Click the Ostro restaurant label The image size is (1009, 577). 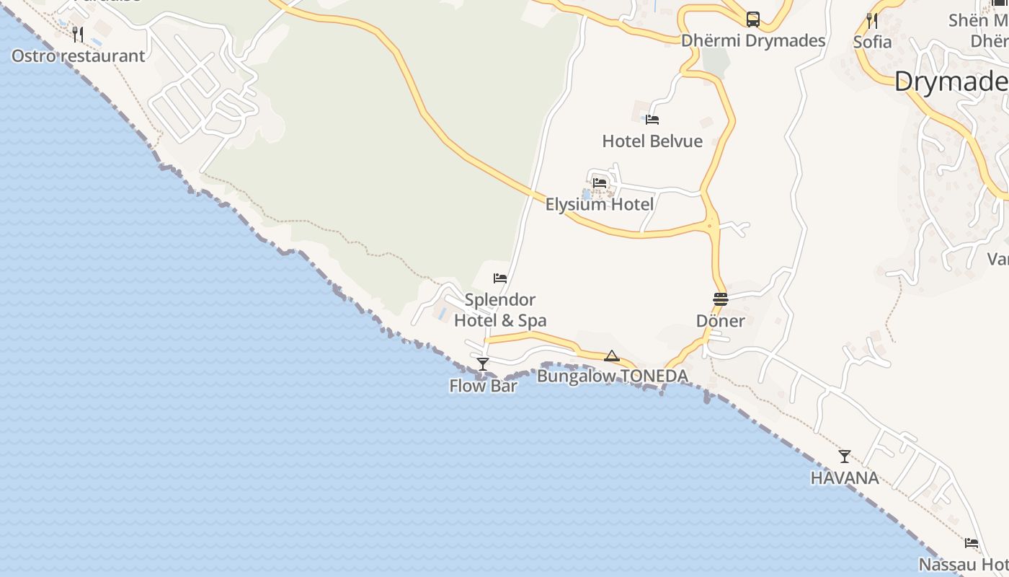coord(78,56)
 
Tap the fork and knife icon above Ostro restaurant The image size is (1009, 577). coord(78,34)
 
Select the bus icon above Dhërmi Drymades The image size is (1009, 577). coord(753,19)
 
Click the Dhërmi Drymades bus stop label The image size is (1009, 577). coord(753,40)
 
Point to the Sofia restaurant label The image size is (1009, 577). coord(872,42)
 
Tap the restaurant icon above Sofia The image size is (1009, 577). coord(872,20)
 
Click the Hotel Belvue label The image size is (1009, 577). coord(652,141)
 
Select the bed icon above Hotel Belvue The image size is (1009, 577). coord(652,120)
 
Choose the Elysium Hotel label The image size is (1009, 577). coord(599,204)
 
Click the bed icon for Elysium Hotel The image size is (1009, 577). coord(599,183)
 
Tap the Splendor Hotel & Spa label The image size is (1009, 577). coord(500,310)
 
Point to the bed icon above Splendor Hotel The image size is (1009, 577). coord(500,278)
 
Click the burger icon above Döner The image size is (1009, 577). coord(721,299)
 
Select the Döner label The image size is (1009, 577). coord(721,321)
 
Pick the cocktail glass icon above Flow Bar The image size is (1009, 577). coord(483,364)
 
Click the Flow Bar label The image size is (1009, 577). coord(483,386)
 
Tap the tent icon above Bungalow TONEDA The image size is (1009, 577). coord(612,356)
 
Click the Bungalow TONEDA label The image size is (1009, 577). coord(612,376)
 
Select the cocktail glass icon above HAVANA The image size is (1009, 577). coord(845,457)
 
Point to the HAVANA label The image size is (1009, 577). coord(845,477)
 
